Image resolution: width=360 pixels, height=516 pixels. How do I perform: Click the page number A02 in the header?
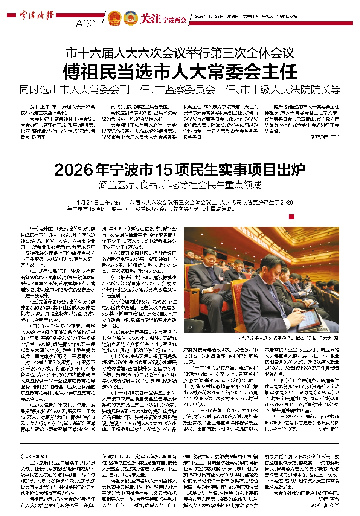click(x=85, y=23)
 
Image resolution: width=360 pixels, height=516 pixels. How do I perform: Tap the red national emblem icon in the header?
click(x=114, y=18)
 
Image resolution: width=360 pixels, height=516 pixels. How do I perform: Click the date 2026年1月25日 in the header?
click(x=209, y=17)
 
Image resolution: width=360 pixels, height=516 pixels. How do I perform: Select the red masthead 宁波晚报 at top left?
click(x=37, y=16)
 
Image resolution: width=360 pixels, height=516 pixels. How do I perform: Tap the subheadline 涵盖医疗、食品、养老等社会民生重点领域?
click(x=180, y=185)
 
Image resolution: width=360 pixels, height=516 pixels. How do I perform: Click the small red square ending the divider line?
click(x=291, y=217)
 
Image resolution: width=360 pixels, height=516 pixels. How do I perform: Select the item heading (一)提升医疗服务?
click(x=48, y=229)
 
